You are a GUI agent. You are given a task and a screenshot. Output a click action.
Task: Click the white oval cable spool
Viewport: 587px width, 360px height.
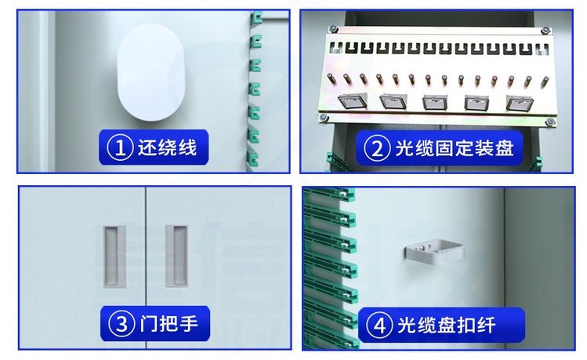(151, 72)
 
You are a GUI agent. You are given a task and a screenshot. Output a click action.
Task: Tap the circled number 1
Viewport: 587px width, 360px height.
(120, 147)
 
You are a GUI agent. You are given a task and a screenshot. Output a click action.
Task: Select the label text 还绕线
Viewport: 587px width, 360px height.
(167, 147)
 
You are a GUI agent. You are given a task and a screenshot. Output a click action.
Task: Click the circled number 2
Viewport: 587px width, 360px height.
(378, 148)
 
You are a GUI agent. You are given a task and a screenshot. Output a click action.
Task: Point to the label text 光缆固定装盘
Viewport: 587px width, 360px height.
(455, 148)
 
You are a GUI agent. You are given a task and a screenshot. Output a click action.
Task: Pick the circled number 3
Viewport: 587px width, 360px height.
(121, 324)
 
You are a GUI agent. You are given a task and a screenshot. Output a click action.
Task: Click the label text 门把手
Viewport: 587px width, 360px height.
(168, 324)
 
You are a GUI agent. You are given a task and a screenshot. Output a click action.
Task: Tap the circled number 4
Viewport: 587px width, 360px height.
(379, 325)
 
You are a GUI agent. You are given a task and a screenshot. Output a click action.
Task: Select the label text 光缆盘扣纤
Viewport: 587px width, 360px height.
(447, 325)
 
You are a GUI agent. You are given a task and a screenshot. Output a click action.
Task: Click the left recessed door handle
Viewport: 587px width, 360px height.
(114, 256)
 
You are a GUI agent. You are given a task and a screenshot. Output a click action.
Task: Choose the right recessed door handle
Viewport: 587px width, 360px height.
(176, 256)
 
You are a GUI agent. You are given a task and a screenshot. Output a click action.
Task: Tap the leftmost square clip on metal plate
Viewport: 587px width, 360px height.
(352, 101)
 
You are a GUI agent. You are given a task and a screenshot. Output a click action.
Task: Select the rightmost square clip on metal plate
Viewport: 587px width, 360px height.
(520, 103)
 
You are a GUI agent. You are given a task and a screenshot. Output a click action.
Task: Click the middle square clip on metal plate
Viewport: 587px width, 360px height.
(436, 102)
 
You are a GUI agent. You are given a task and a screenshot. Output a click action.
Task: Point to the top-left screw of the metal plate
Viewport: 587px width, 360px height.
(333, 28)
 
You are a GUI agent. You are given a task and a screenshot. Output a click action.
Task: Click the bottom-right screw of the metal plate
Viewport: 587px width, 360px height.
(549, 122)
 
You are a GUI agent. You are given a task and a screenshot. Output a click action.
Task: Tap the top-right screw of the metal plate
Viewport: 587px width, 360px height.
(545, 31)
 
